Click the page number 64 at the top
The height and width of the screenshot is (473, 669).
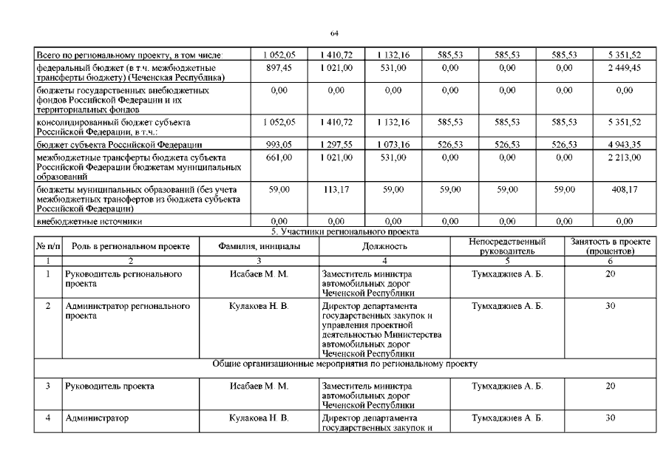coord(334,34)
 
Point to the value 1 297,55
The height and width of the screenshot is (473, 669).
coord(336,144)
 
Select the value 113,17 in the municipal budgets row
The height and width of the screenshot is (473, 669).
coord(336,190)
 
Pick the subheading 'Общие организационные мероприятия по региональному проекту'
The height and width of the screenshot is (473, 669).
coord(334,364)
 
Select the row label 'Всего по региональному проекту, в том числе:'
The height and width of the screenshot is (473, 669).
coord(134,55)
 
